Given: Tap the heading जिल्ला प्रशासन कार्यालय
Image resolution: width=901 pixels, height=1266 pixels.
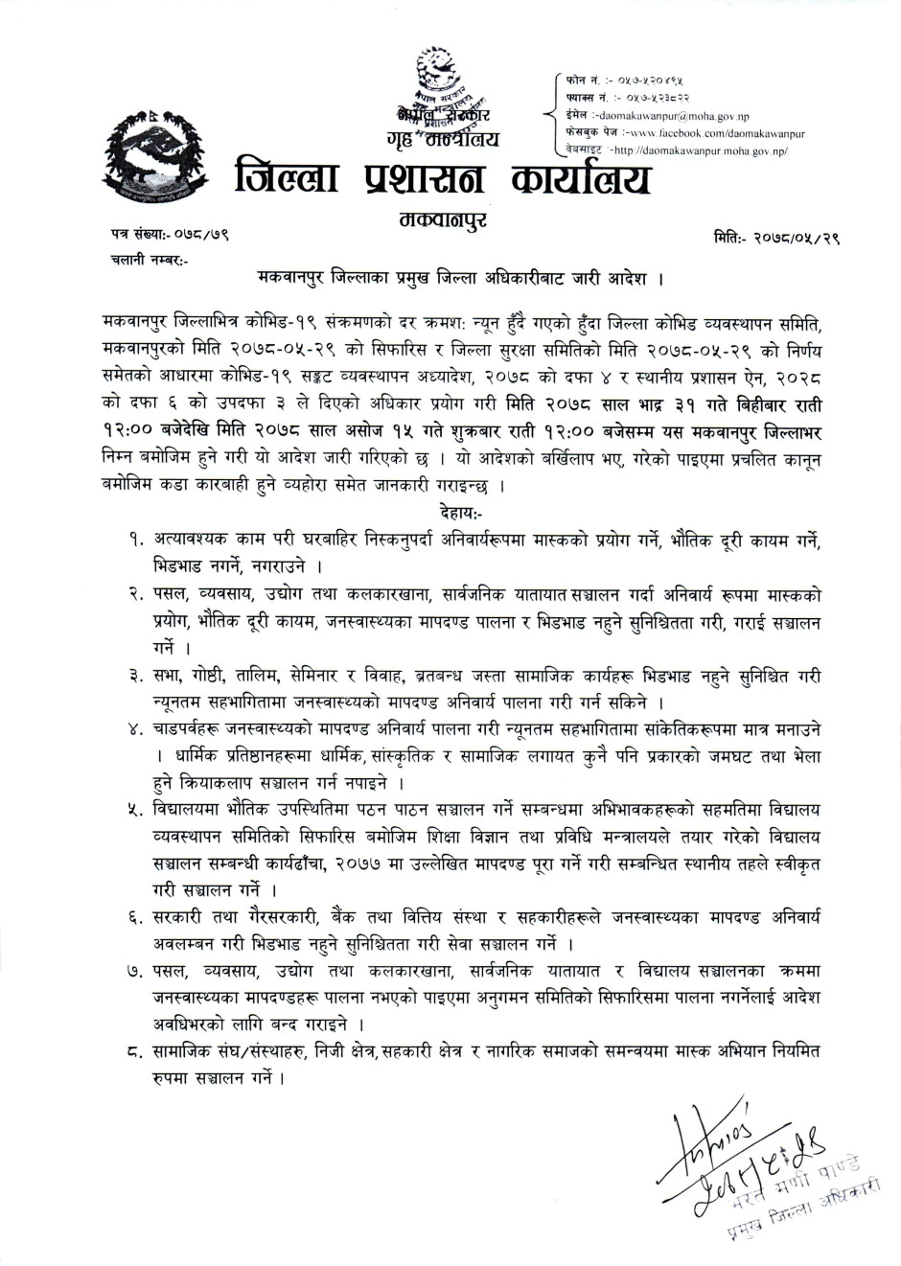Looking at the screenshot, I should (x=443, y=180).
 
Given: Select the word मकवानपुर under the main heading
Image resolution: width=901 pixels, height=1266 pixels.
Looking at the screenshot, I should (x=439, y=221).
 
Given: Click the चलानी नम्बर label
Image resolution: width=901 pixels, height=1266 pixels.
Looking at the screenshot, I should (x=137, y=259).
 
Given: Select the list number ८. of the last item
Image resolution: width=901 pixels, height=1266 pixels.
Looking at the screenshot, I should (x=135, y=1052).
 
